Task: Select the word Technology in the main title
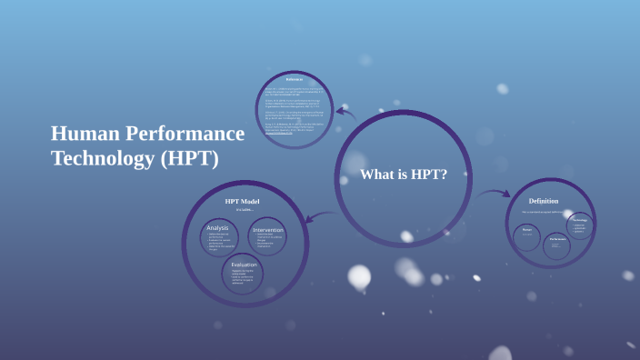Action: tap(102, 158)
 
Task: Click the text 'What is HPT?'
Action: tap(404, 175)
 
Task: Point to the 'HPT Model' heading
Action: tap(243, 201)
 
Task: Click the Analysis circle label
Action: tap(218, 228)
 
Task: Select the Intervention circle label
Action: tap(268, 230)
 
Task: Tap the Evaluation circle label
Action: tap(244, 265)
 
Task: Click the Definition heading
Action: tap(544, 201)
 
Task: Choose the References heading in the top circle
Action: tap(295, 79)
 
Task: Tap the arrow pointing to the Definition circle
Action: tap(496, 193)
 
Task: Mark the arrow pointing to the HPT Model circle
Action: tap(317, 216)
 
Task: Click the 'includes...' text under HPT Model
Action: tap(244, 210)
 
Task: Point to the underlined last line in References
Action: tap(292, 135)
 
